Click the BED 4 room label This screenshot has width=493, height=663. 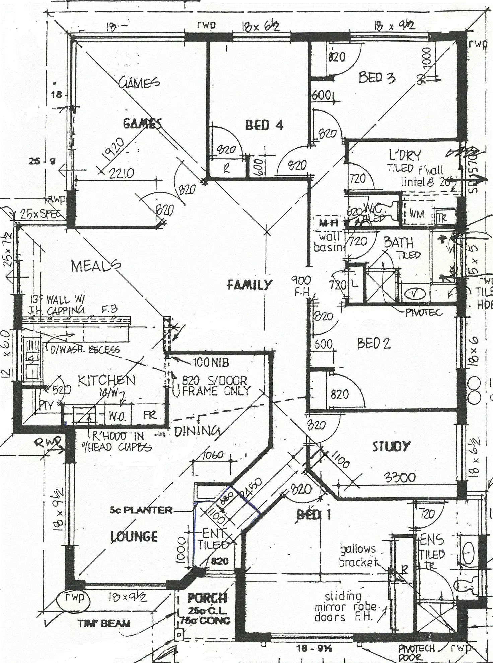264,126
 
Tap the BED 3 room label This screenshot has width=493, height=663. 377,78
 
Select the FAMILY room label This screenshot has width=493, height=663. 249,285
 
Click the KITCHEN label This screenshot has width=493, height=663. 107,380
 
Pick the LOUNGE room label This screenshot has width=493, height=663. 134,536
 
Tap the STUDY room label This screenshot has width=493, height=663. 391,446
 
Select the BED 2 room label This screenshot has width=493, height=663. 374,343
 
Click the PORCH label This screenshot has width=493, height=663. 208,598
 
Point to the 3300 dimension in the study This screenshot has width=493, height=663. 400,477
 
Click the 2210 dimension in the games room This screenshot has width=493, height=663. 121,173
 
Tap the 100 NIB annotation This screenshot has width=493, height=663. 211,362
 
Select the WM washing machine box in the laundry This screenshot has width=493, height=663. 416,214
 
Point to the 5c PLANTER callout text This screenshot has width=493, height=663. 141,510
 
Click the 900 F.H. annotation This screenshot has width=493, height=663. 301,285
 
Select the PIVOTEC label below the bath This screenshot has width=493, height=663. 424,313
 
